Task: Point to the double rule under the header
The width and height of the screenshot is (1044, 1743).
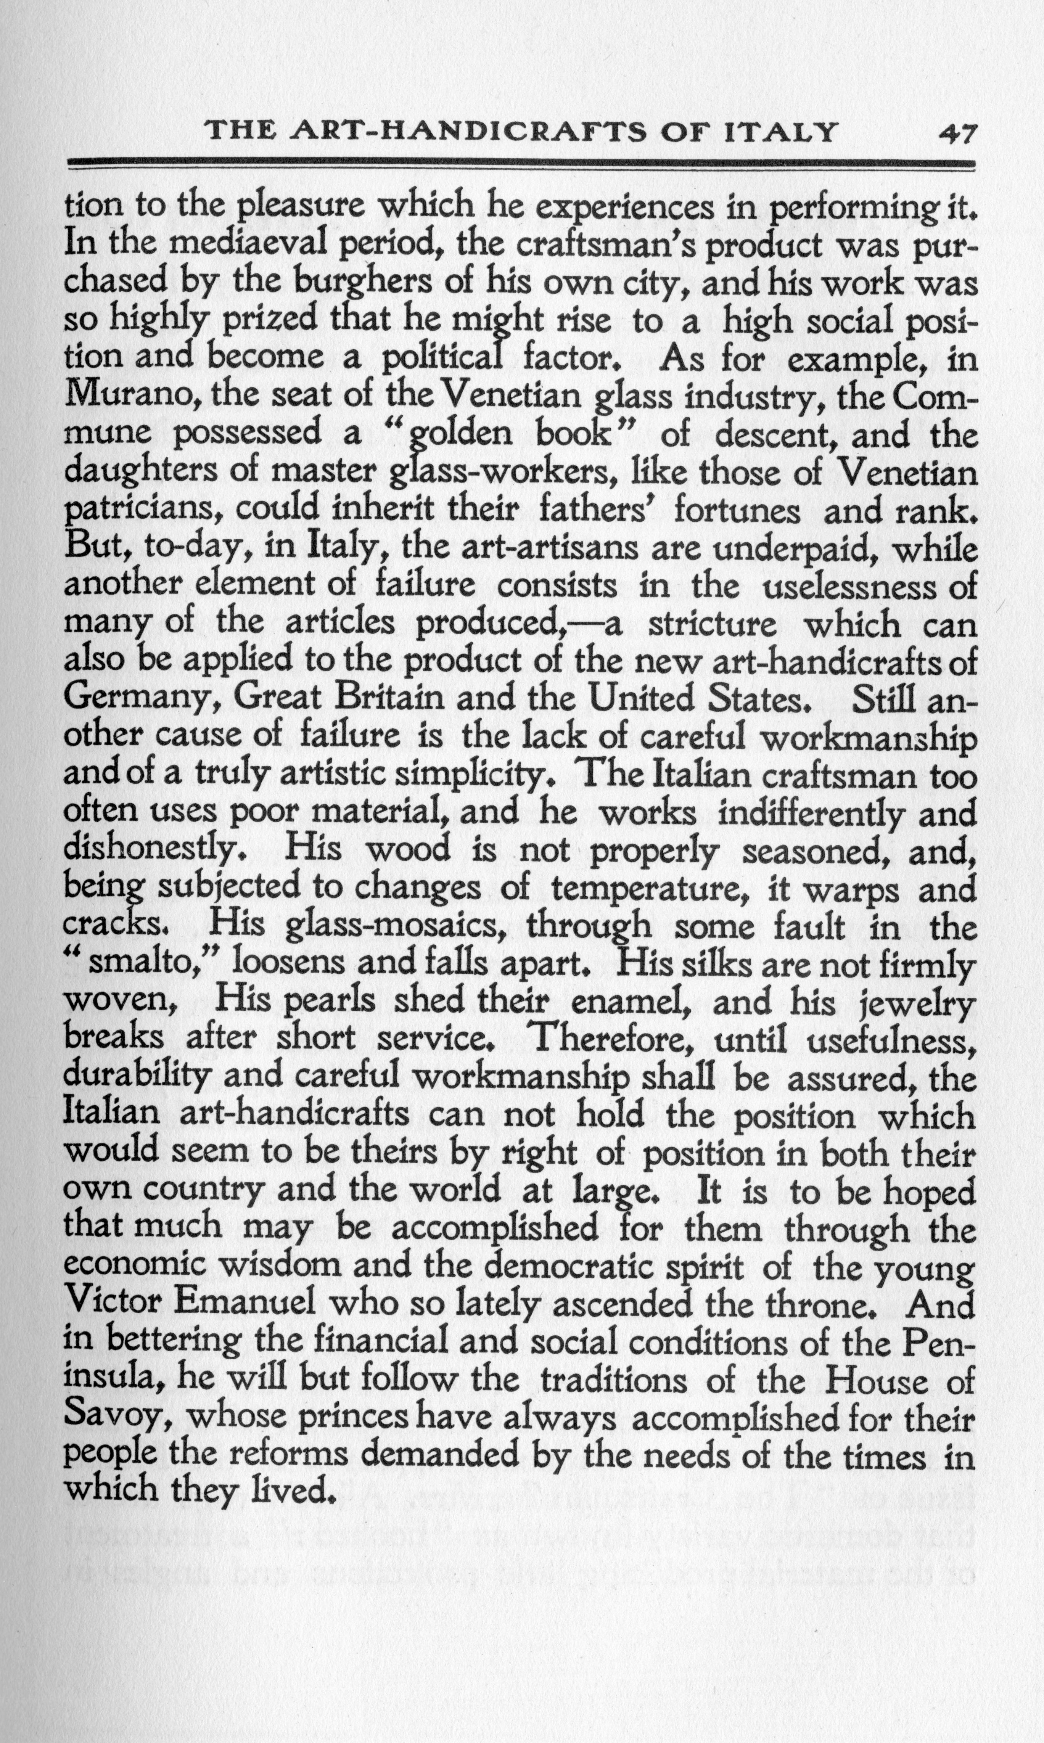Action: point(521,164)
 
